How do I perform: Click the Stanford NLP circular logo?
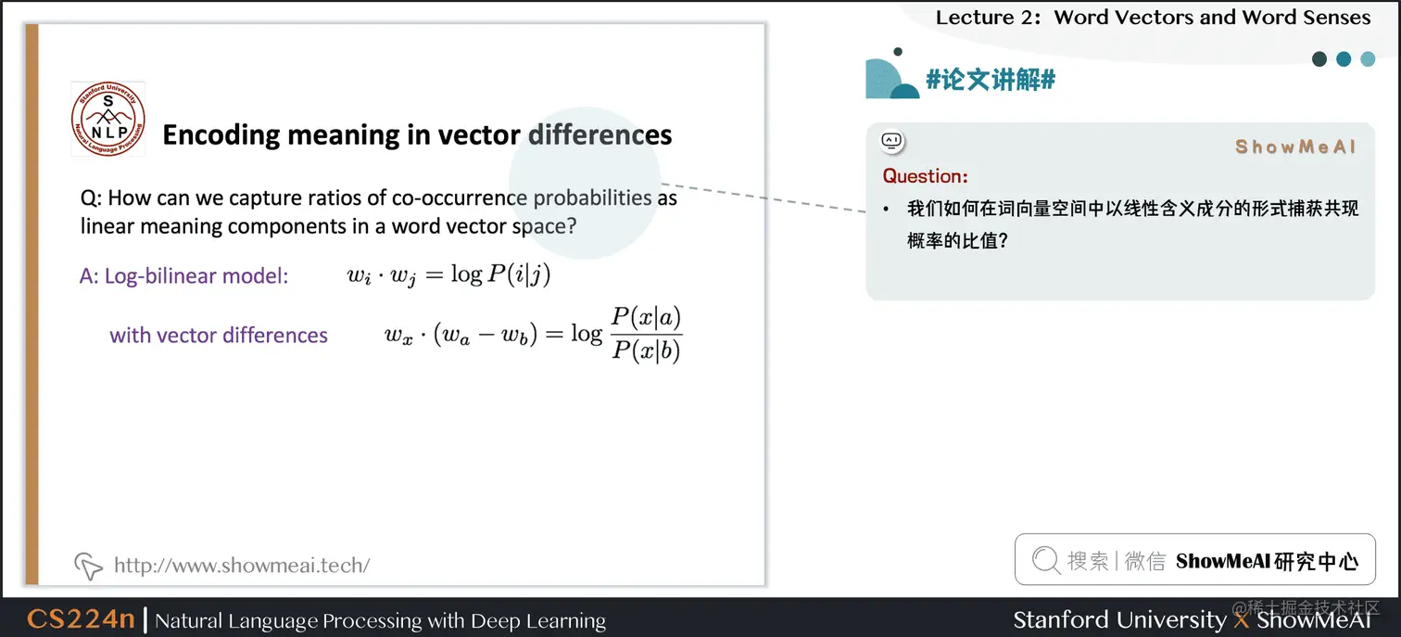(x=108, y=120)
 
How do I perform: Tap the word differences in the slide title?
(x=600, y=135)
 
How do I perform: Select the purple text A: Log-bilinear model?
(x=184, y=275)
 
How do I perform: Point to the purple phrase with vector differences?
(x=219, y=335)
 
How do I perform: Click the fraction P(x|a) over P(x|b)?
(x=646, y=334)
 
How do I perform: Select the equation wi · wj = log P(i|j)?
(x=449, y=275)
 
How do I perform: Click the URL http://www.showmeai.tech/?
(x=242, y=565)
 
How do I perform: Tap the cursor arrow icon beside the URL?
(x=88, y=565)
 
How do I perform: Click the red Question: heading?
(x=925, y=176)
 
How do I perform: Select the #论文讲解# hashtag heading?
(x=991, y=80)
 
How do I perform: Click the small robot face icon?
(x=891, y=141)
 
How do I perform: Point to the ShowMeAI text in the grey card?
(x=1295, y=147)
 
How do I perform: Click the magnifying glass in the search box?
(x=1045, y=560)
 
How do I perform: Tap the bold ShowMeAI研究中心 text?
(x=1267, y=561)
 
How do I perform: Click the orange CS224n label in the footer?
(x=81, y=619)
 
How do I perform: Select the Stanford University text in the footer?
(x=1119, y=619)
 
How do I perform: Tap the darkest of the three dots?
(x=1319, y=59)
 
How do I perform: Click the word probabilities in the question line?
(x=593, y=197)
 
